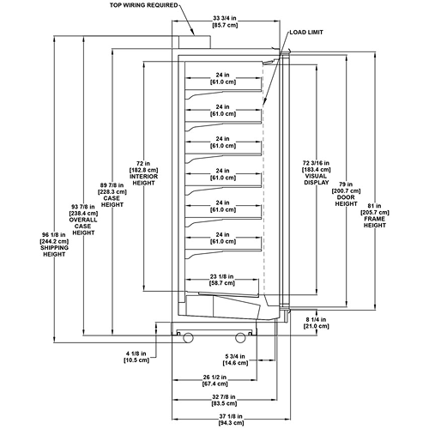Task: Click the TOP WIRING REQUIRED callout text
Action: pyautogui.click(x=143, y=5)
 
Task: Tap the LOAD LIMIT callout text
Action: pyautogui.click(x=306, y=33)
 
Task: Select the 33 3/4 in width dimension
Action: pyautogui.click(x=225, y=21)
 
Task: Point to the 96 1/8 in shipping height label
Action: pyautogui.click(x=54, y=245)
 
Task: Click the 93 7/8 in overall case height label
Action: pyautogui.click(x=83, y=220)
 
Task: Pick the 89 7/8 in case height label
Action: pyautogui.click(x=112, y=195)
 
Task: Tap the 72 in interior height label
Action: pyautogui.click(x=143, y=173)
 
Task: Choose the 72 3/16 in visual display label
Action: pyautogui.click(x=317, y=172)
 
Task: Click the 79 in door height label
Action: pyautogui.click(x=346, y=194)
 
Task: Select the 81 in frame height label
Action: pyautogui.click(x=375, y=215)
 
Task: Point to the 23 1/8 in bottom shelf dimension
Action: pyautogui.click(x=222, y=280)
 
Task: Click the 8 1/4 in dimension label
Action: pyautogui.click(x=316, y=323)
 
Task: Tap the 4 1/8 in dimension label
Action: pyautogui.click(x=136, y=357)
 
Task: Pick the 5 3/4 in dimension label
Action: pyautogui.click(x=235, y=360)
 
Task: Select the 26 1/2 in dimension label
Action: pyautogui.click(x=214, y=380)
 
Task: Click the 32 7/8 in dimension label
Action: pyautogui.click(x=224, y=400)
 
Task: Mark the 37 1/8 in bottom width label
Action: pyautogui.click(x=231, y=420)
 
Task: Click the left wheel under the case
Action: pyautogui.click(x=188, y=337)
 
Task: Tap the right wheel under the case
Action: pyautogui.click(x=240, y=337)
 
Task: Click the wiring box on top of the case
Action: pyautogui.click(x=195, y=42)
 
